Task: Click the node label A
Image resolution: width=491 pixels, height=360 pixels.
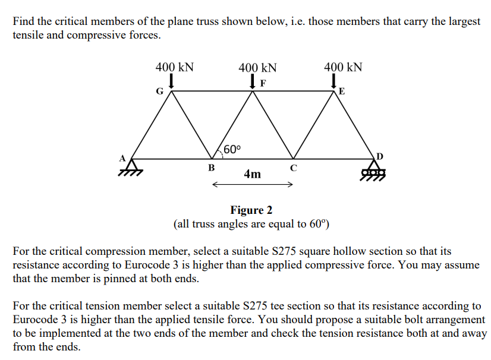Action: [x=124, y=158]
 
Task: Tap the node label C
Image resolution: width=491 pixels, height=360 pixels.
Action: [x=293, y=167]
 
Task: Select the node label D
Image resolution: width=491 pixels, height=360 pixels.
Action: [x=380, y=156]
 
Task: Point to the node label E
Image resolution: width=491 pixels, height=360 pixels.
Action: [x=341, y=91]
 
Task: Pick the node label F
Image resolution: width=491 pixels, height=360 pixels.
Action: [x=263, y=83]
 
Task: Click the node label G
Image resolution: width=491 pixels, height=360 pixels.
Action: [x=159, y=91]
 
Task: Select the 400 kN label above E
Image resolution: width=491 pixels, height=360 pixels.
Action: [x=342, y=67]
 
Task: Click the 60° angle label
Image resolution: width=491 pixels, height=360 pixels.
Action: [x=232, y=149]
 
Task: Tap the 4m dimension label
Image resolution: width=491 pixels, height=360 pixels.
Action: [x=252, y=173]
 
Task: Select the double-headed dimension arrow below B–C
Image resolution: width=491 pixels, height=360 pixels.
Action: [x=252, y=184]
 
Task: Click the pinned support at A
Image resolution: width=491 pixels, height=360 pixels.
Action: [x=129, y=167]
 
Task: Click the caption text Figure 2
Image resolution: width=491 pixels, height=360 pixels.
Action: [x=251, y=210]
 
